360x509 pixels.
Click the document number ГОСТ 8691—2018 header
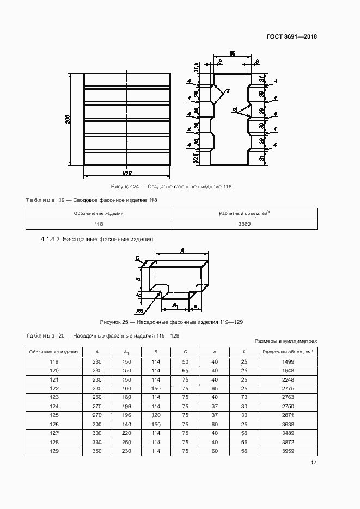tap(291, 37)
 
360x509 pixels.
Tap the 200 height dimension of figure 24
tap(67, 119)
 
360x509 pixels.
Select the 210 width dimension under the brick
tap(126, 173)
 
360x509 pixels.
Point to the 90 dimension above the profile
tap(232, 53)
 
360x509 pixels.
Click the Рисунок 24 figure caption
tap(171, 187)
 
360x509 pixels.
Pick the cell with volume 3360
tap(244, 224)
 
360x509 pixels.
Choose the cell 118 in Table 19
tap(99, 224)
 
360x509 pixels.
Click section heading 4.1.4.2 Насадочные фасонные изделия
tap(97, 239)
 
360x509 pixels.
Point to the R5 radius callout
tap(140, 311)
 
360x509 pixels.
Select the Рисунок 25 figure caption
tap(171, 322)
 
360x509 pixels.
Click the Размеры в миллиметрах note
tap(286, 341)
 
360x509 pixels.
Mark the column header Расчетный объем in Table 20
tap(288, 352)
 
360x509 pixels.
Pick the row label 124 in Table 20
tap(54, 406)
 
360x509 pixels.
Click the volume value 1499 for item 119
tap(288, 362)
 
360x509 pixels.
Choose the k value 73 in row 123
tap(243, 397)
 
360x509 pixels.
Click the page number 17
tap(314, 463)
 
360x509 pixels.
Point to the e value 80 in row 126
tap(215, 424)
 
